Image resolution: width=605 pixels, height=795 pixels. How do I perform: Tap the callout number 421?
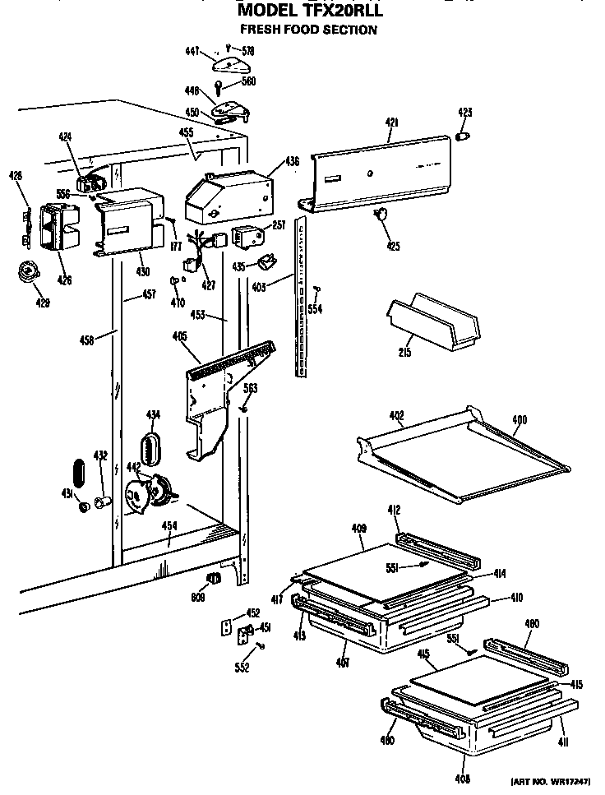[x=392, y=122]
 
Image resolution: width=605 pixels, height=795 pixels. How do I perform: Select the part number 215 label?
[x=404, y=352]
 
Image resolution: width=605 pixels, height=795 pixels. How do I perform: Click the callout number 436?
[x=293, y=162]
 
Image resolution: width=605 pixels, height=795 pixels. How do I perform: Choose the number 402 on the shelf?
[x=396, y=417]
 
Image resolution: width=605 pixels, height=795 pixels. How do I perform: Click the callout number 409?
[x=358, y=529]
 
